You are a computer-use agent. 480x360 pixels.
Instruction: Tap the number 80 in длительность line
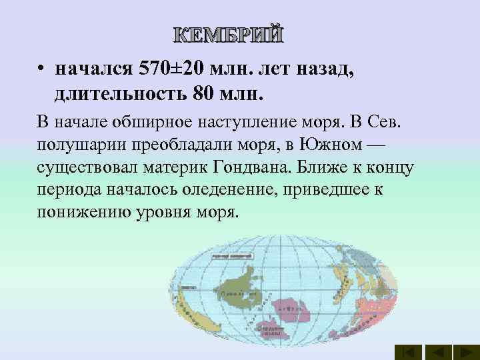point(205,93)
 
